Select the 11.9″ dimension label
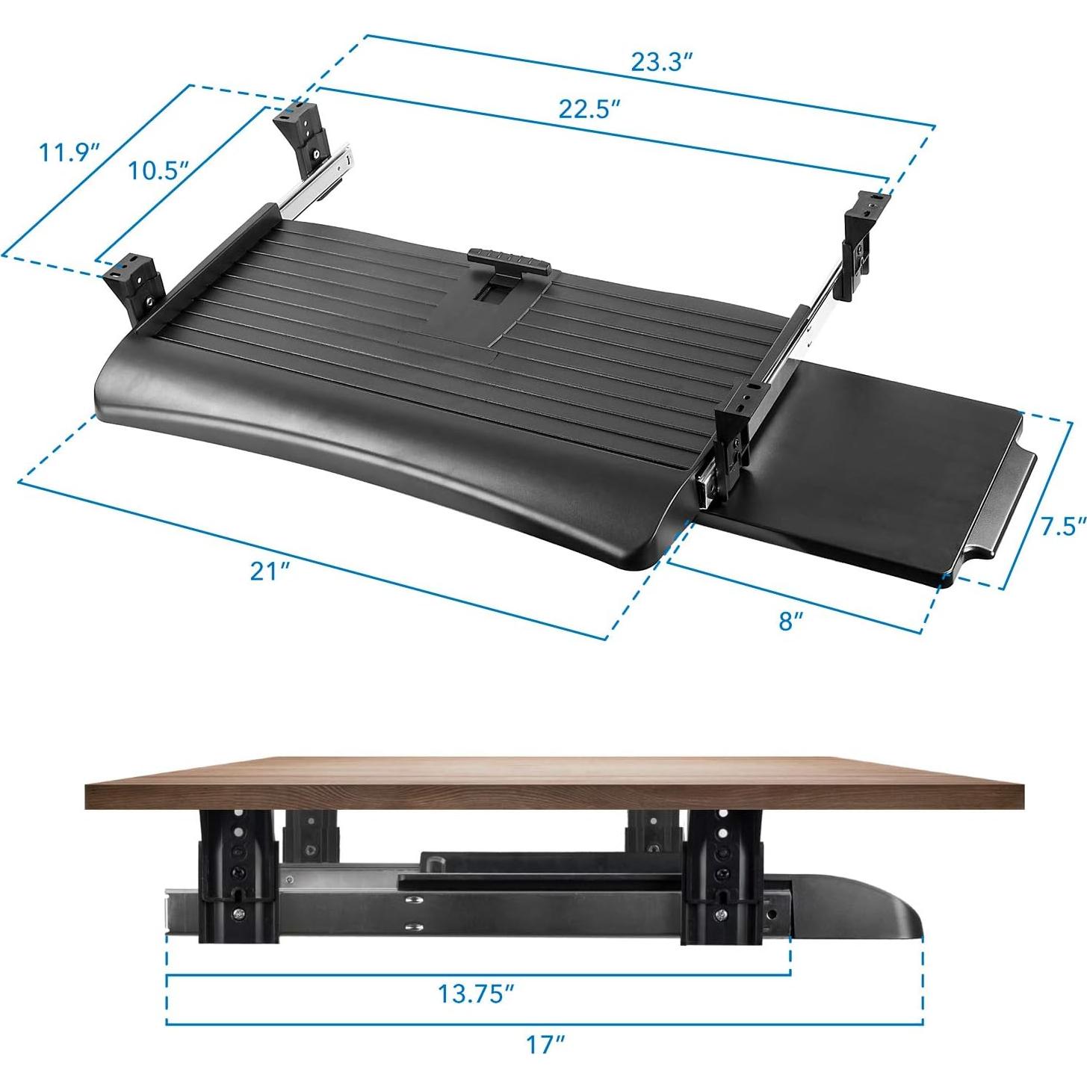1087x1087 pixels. [x=69, y=152]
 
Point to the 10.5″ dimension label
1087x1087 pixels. [x=157, y=170]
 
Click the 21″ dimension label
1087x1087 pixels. [x=269, y=572]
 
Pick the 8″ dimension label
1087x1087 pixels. [x=790, y=620]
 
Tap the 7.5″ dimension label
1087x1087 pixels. [x=1063, y=526]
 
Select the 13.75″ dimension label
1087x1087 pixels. [x=476, y=994]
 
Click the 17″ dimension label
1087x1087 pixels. [x=545, y=1044]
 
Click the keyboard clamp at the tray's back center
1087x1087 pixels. [x=508, y=262]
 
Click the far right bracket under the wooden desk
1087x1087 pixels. [x=721, y=874]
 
